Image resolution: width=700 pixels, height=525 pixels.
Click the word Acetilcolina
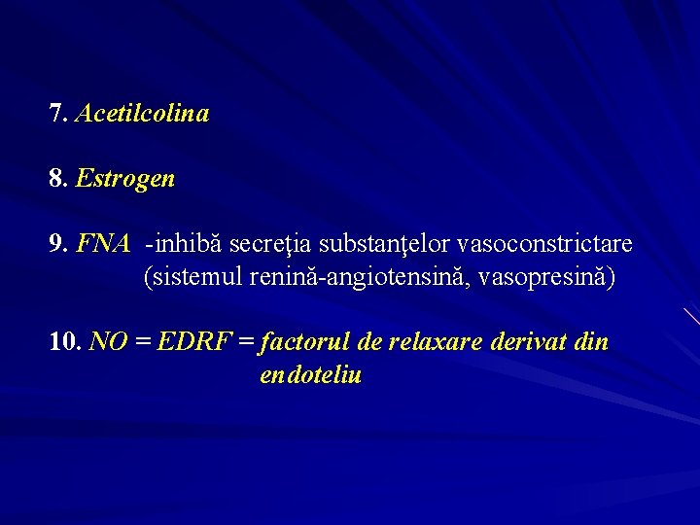(x=142, y=114)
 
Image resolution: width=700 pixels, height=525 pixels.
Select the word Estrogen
(x=125, y=179)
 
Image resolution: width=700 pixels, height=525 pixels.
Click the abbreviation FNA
(x=103, y=243)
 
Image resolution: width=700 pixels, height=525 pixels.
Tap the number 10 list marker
(x=65, y=342)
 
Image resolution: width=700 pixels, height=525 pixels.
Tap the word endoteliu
(x=311, y=375)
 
